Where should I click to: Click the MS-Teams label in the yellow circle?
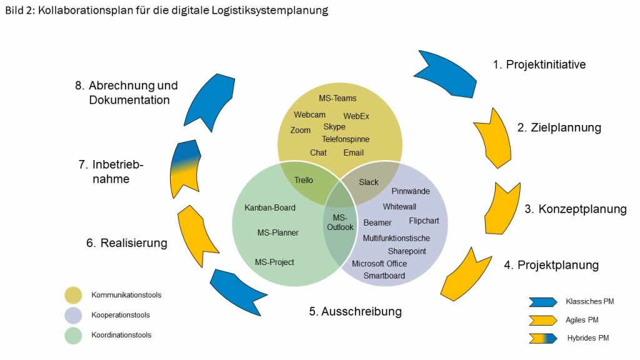(337, 98)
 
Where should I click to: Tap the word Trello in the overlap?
(303, 181)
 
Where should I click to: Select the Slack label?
(369, 182)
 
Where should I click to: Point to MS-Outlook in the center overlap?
(340, 222)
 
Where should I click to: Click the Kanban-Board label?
(270, 207)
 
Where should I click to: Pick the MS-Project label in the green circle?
(274, 262)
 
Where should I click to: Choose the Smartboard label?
(384, 276)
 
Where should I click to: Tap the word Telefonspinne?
(346, 139)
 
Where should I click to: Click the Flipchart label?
(424, 221)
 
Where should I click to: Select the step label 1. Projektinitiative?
(539, 64)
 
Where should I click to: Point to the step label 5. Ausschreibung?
(355, 311)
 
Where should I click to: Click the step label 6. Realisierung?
(127, 242)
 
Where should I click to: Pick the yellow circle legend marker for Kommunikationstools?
(73, 295)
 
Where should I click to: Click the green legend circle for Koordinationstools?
(73, 336)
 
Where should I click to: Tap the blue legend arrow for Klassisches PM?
(542, 302)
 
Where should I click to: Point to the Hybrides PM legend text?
(587, 338)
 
